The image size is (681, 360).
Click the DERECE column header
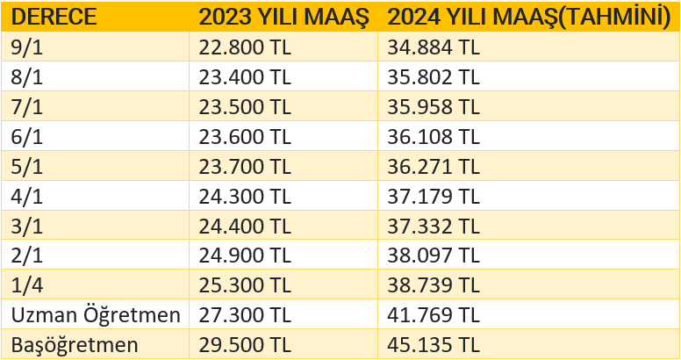pyautogui.click(x=54, y=17)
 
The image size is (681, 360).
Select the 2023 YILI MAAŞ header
pyautogui.click(x=283, y=17)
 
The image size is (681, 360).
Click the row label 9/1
pyautogui.click(x=26, y=47)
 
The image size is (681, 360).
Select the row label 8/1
pyautogui.click(x=26, y=76)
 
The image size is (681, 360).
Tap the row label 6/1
pyautogui.click(x=26, y=136)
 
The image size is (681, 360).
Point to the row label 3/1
pyautogui.click(x=26, y=226)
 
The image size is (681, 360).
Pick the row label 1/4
pyautogui.click(x=26, y=285)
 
